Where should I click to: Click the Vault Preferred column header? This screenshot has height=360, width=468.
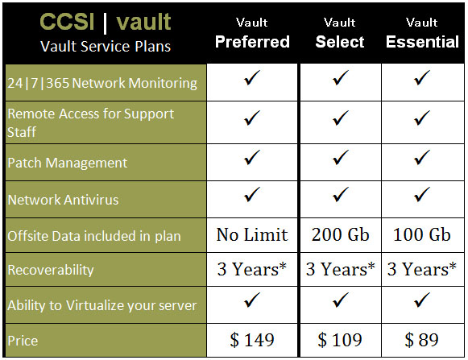[252, 33]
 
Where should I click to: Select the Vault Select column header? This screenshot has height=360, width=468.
[340, 33]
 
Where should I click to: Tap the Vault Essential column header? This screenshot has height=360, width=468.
[422, 33]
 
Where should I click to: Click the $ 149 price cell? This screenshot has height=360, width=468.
[252, 340]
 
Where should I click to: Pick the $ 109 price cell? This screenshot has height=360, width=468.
[340, 340]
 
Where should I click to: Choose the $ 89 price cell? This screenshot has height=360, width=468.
[422, 340]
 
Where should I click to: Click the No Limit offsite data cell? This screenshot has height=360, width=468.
[252, 234]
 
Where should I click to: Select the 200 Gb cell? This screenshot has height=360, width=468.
[341, 234]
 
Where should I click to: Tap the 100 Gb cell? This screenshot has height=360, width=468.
[422, 234]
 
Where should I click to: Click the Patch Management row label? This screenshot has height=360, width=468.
[68, 163]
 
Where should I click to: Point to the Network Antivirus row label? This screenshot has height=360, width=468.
[63, 200]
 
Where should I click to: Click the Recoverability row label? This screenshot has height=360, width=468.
[51, 270]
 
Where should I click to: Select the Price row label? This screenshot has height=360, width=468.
[23, 341]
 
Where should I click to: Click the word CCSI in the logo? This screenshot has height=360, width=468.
[67, 22]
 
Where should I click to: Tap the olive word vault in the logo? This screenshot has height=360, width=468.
[143, 22]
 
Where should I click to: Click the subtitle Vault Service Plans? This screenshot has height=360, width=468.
[106, 46]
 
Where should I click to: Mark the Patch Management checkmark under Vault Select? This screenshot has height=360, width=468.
[341, 157]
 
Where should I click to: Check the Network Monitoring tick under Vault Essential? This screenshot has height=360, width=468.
[422, 77]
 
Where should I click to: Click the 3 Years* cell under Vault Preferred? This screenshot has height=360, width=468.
[252, 269]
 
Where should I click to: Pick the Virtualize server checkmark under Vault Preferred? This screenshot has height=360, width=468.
[252, 300]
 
